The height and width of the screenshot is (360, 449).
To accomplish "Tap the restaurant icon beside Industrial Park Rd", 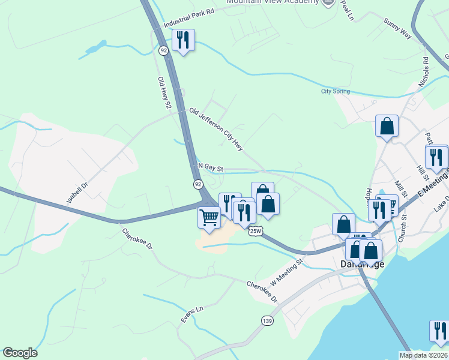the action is [x=182, y=41].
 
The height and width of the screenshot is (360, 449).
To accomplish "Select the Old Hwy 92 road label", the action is [x=164, y=93].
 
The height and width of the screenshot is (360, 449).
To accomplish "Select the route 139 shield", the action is [x=267, y=322].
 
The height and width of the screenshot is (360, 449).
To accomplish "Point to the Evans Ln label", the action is [x=192, y=314].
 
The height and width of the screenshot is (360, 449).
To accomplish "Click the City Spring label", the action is [x=335, y=92].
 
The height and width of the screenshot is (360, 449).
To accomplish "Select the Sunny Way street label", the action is [x=397, y=28].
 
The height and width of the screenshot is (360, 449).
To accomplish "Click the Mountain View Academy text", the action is [x=272, y=2].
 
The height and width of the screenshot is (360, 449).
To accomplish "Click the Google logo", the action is [x=20, y=353].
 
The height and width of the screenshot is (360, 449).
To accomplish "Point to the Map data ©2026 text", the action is [x=424, y=355].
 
